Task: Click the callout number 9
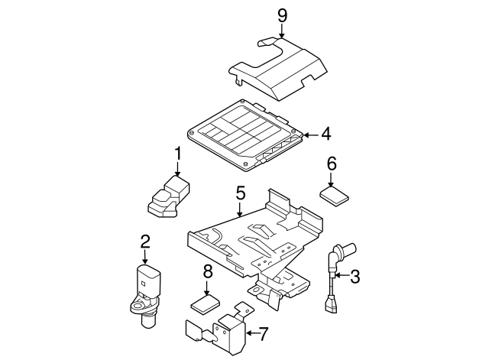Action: (x=282, y=14)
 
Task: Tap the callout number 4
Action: (x=325, y=135)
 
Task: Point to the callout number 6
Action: (x=332, y=163)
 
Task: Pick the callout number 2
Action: (x=144, y=243)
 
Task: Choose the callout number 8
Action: (x=207, y=271)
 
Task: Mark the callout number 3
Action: (x=355, y=277)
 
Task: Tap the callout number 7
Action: (x=263, y=333)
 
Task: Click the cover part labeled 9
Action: (x=283, y=69)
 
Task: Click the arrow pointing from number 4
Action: (x=309, y=135)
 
